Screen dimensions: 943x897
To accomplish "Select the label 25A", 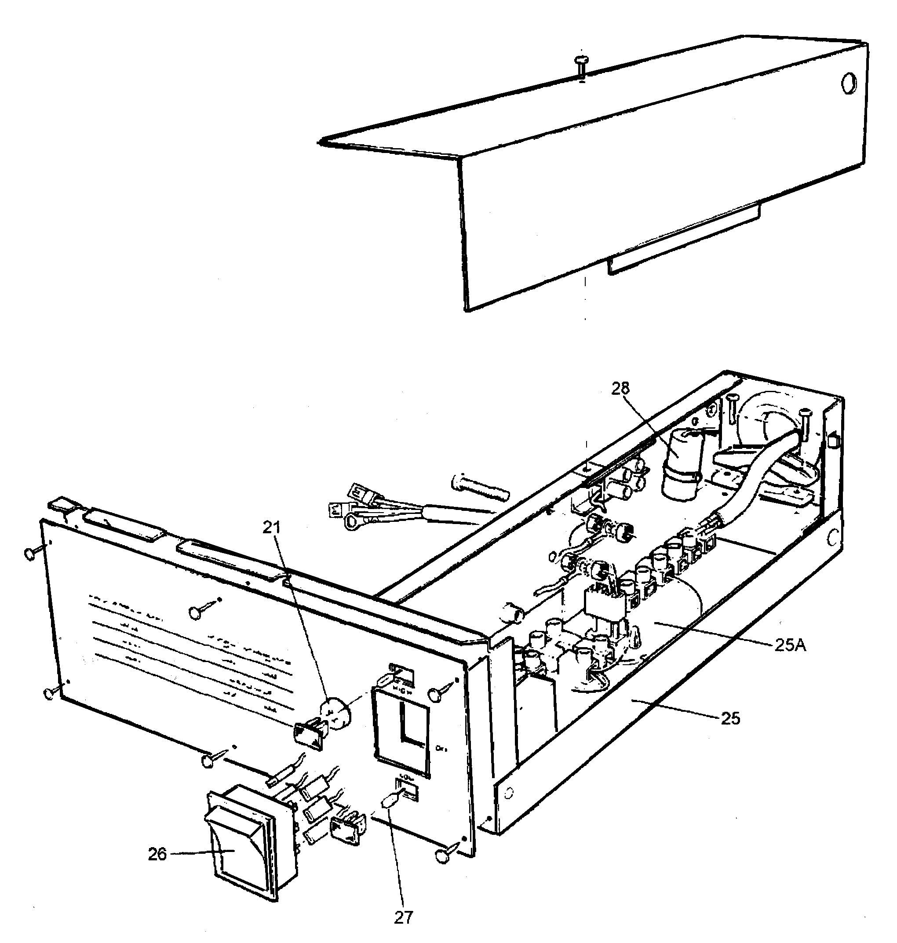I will click(791, 646).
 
